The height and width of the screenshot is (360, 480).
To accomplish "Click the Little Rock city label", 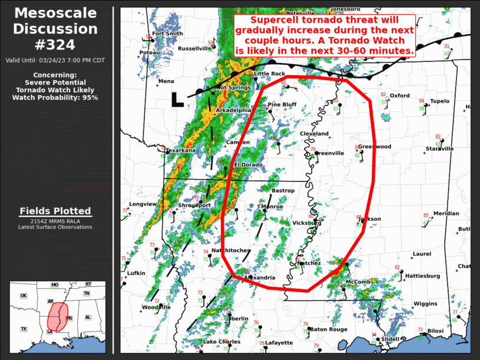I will pyautogui.click(x=269, y=74).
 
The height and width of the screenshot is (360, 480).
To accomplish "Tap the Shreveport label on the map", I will pyautogui.click(x=194, y=205).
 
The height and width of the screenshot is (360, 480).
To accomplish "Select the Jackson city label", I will pyautogui.click(x=370, y=219).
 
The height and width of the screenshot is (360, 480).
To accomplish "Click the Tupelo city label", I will pyautogui.click(x=439, y=101).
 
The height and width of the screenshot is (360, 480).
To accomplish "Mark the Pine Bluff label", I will pyautogui.click(x=282, y=105).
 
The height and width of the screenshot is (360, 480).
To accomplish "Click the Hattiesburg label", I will pyautogui.click(x=422, y=276).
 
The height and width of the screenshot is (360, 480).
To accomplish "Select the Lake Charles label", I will pyautogui.click(x=221, y=342).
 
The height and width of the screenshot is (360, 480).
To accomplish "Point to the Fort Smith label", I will pyautogui.click(x=167, y=34).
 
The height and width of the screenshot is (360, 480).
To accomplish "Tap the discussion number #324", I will pyautogui.click(x=56, y=44).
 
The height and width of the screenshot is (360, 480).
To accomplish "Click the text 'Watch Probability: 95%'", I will pyautogui.click(x=55, y=97).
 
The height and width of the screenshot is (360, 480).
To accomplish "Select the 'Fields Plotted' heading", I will pyautogui.click(x=55, y=211).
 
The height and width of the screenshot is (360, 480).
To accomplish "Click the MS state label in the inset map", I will pyautogui.click(x=69, y=318).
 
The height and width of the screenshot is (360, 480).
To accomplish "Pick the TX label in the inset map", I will pyautogui.click(x=24, y=329).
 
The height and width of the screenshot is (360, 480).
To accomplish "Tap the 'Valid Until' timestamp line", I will pyautogui.click(x=55, y=60).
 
